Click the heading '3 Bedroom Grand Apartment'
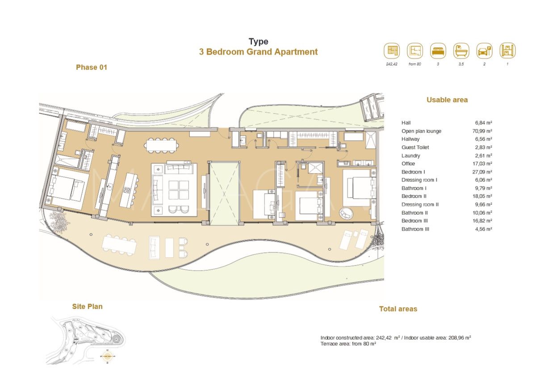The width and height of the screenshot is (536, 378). (x=258, y=52)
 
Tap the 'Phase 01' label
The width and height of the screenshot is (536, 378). (x=92, y=67)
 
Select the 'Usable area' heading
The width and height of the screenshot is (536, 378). (x=447, y=100)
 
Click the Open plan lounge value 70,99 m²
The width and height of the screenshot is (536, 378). (x=483, y=131)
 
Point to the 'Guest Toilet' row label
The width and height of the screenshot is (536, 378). (x=415, y=147)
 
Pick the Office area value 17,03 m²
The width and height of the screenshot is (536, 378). (x=483, y=164)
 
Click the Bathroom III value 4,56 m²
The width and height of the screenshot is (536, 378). (x=483, y=229)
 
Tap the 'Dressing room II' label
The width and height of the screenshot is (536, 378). (x=420, y=204)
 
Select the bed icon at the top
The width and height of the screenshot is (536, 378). (x=438, y=51)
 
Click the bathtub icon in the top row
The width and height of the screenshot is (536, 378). (x=461, y=51)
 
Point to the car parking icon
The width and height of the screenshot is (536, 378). (x=484, y=51)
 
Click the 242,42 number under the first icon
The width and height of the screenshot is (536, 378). (x=392, y=64)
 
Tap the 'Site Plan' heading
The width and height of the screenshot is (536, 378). (x=87, y=307)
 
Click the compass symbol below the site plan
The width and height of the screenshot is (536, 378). (x=108, y=357)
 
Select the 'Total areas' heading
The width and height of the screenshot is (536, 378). (x=398, y=309)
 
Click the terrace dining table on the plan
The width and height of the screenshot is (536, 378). (x=118, y=245)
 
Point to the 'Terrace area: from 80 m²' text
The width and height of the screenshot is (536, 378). (x=348, y=344)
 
